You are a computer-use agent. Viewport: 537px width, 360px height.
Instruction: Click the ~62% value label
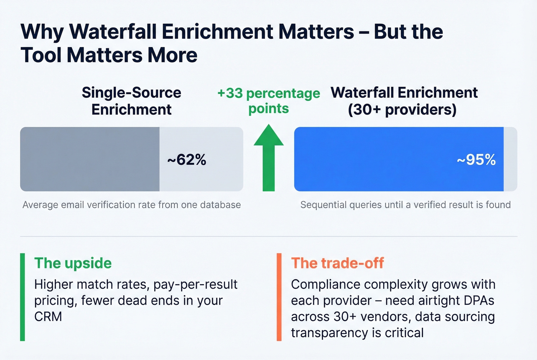(187, 159)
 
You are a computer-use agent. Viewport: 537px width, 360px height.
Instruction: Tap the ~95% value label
(476, 159)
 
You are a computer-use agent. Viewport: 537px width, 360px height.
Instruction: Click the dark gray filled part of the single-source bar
(90, 159)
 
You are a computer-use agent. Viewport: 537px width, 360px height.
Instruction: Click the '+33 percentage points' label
(268, 101)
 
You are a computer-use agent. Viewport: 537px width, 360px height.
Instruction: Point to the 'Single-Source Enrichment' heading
(131, 101)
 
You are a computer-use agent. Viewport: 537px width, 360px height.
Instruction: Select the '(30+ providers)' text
(402, 110)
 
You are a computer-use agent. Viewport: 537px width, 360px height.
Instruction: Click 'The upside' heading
(73, 263)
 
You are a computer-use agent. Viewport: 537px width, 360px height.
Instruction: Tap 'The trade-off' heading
(337, 263)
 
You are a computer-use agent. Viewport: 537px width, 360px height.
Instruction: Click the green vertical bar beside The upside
(23, 297)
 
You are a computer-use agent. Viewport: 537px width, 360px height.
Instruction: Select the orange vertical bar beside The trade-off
(279, 297)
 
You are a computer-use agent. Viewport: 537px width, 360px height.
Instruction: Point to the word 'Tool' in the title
(41, 55)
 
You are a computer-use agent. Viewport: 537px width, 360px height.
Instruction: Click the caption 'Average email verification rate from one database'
(132, 205)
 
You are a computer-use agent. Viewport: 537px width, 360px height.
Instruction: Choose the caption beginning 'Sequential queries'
(405, 205)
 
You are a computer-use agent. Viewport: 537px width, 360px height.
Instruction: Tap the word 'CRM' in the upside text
(48, 317)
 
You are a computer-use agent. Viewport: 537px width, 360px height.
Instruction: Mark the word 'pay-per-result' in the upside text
(195, 284)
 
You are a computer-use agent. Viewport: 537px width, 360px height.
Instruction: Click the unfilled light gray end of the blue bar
(510, 159)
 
